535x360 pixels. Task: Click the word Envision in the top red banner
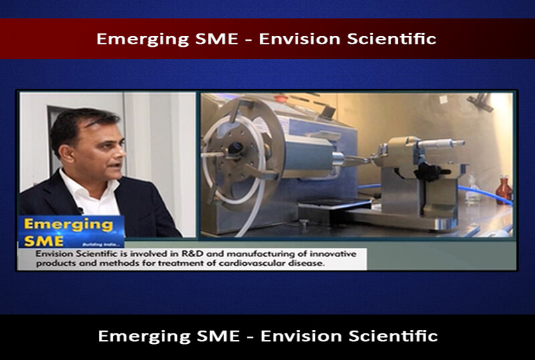coord(300,39)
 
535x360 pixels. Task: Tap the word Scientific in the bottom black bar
coord(393,336)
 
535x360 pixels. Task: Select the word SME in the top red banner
coord(217,39)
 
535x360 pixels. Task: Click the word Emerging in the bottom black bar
coord(144,337)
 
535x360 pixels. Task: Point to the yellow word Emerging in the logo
coord(68,226)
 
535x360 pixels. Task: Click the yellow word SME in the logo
coord(43,242)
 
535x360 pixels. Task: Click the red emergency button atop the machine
coord(281,99)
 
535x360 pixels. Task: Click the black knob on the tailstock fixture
coord(429,172)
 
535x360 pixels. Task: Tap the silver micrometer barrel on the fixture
coord(440,144)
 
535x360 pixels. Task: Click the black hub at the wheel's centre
coord(235,149)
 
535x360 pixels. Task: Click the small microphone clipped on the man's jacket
coord(80,210)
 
